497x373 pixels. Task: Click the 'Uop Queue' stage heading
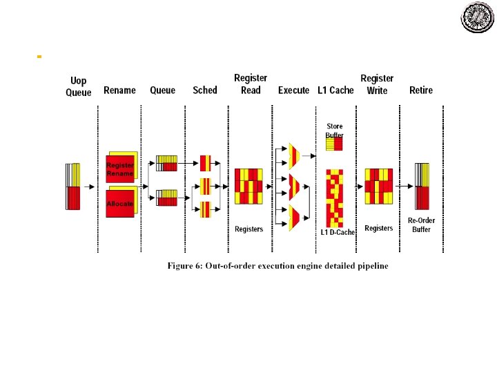coord(78,86)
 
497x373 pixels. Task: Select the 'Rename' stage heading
coord(119,90)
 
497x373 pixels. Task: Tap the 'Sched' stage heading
coord(205,90)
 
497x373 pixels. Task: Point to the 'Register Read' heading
coord(251,84)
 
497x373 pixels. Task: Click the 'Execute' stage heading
coord(293,90)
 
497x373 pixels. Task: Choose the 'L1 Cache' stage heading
coord(335,90)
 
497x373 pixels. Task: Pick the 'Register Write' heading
coord(377,84)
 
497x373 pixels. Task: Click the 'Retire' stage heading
coord(421,90)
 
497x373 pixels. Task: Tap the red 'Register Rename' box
coord(120,169)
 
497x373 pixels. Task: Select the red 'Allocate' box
coord(120,204)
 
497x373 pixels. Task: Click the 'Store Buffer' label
coord(335,131)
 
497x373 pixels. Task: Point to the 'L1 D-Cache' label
coord(338,233)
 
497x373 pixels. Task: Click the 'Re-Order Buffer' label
coord(422,225)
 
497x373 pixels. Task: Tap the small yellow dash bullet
coord(39,55)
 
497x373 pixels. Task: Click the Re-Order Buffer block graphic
coord(422,186)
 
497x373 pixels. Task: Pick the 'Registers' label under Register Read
coord(248,229)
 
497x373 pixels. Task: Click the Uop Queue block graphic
coord(73,186)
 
